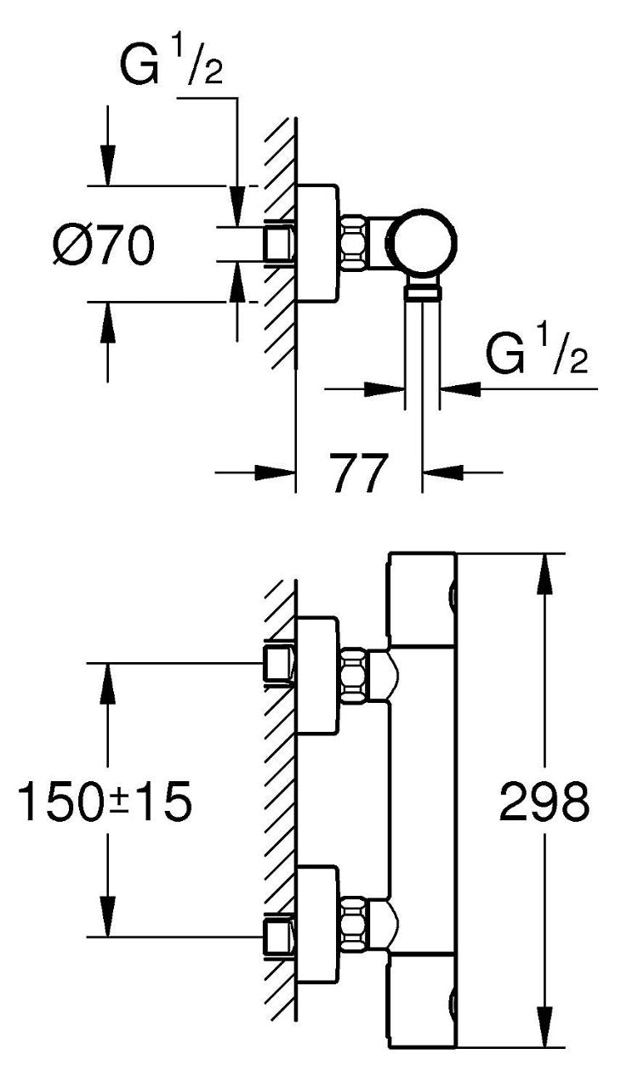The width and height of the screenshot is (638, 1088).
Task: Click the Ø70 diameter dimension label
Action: pos(104,246)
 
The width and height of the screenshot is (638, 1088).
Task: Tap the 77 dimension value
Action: pos(359,473)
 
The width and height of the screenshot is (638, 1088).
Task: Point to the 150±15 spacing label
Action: pos(105,802)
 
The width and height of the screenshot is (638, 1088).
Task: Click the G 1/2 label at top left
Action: pos(171,62)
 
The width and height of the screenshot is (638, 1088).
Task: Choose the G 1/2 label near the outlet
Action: pos(537,349)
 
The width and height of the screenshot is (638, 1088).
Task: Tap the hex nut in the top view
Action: pos(354,242)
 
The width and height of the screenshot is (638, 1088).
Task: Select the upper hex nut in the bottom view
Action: pos(354,676)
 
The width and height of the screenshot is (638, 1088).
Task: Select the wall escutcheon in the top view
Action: pos(316,243)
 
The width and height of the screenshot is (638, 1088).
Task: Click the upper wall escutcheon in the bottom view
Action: pos(316,676)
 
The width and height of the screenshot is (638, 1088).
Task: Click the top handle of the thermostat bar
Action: pos(422,599)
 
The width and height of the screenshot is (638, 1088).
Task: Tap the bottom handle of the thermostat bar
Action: pos(422,1000)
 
